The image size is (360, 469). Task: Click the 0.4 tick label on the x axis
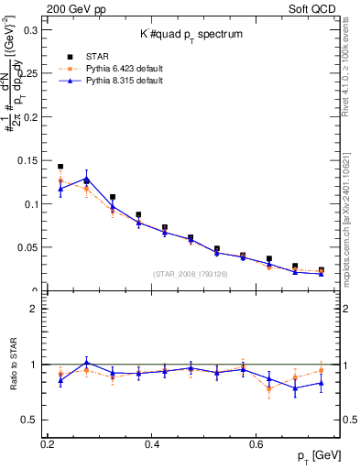coord(152,443)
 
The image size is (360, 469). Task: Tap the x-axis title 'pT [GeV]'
coord(326,455)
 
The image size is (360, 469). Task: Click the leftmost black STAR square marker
coord(60,167)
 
